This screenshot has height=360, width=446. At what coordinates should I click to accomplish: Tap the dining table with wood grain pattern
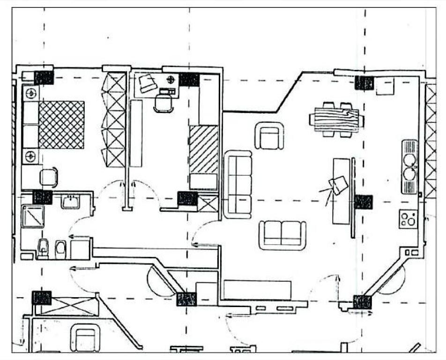coord(336,120)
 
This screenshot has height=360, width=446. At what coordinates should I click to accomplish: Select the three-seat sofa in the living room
coord(238,184)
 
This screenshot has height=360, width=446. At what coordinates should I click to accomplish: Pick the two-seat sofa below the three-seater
coord(282,234)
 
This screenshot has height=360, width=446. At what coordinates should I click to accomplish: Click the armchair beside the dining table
coord(271,135)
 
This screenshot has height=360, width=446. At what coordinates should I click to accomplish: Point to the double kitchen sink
coord(409,166)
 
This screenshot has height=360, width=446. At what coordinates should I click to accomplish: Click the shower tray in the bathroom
coord(33,217)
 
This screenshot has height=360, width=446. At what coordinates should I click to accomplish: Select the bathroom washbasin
coord(70,201)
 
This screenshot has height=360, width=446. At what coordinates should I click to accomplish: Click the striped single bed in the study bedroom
coord(204,149)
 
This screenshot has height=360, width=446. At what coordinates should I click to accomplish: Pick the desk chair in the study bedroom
coord(164,102)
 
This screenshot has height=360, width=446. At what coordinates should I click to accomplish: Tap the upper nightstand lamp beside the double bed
coord(31,93)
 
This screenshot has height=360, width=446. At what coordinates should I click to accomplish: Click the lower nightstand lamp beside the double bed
coord(31,156)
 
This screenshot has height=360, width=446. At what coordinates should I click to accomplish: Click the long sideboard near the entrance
coord(257,290)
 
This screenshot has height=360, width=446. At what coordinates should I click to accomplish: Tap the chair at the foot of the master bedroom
coord(49,178)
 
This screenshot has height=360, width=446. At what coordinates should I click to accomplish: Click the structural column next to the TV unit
coord(363,202)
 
